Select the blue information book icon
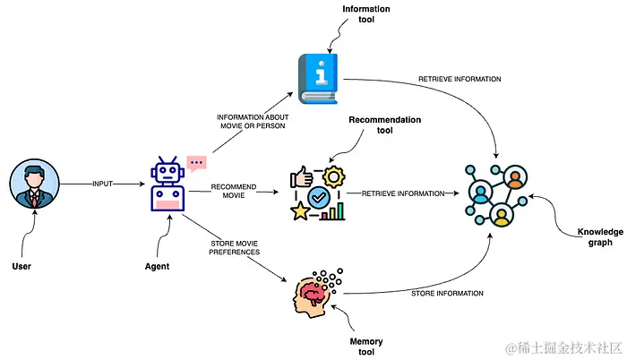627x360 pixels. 319,79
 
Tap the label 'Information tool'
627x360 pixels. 366,14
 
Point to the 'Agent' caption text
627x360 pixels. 157,266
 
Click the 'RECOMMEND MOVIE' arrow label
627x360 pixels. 235,192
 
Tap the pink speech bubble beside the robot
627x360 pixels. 196,164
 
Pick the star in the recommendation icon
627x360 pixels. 300,211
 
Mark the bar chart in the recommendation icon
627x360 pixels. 334,212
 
